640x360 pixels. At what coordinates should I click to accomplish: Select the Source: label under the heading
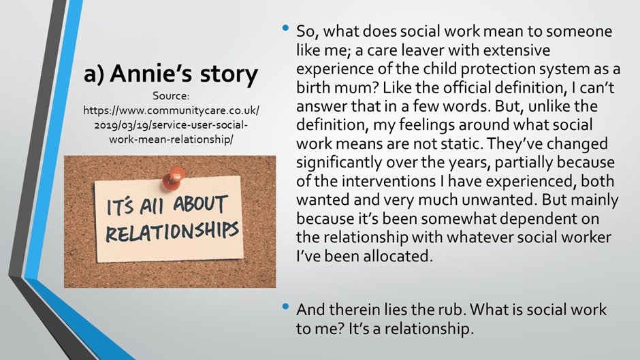tap(171, 96)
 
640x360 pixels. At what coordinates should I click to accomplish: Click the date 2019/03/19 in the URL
tap(121, 125)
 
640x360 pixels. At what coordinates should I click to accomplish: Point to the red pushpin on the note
tap(174, 177)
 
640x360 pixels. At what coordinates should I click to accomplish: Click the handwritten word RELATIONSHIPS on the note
tap(172, 231)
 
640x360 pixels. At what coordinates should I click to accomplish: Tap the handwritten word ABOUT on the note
tap(199, 205)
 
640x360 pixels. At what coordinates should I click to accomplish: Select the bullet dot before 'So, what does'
tap(285, 28)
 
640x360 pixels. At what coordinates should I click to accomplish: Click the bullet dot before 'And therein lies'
tap(285, 306)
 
